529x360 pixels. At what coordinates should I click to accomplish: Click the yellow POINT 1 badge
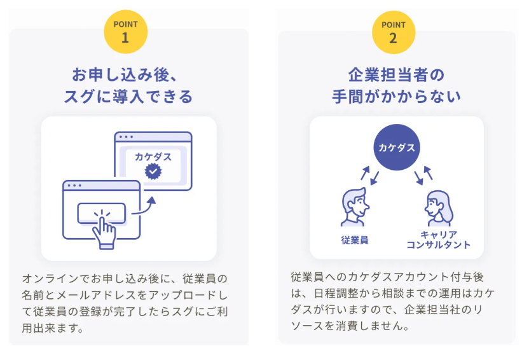tap(125, 32)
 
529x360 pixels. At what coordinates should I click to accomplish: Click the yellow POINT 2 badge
tap(394, 32)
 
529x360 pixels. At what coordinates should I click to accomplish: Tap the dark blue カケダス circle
tap(397, 148)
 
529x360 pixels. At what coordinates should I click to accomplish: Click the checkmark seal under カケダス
tap(153, 171)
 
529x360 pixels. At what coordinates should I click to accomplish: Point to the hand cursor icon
tap(104, 230)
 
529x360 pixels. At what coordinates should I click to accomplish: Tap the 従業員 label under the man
tap(355, 240)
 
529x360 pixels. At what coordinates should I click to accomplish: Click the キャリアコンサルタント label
tap(438, 240)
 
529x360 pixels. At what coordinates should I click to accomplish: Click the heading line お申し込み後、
tap(125, 74)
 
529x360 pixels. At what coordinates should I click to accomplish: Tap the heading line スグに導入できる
tap(128, 97)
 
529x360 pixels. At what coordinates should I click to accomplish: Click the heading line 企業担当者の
tap(396, 75)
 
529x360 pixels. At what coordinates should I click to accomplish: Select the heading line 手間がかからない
tap(396, 97)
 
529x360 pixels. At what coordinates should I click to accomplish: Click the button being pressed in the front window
tap(102, 213)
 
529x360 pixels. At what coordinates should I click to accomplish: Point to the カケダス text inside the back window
tap(153, 156)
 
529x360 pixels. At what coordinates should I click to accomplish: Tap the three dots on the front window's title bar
tap(74, 186)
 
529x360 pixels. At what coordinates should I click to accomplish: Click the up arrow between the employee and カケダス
tap(365, 173)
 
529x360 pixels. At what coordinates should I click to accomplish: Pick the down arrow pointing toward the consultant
tap(418, 178)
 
